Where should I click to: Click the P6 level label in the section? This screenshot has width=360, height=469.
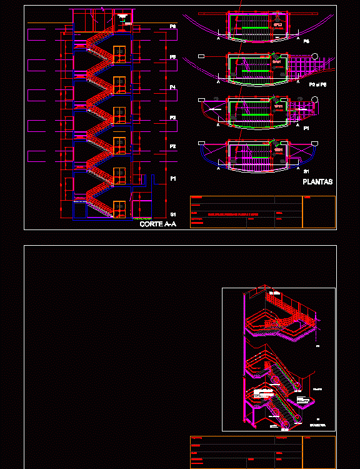pyautogui.click(x=172, y=26)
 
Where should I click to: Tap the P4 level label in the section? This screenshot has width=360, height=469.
pyautogui.click(x=172, y=87)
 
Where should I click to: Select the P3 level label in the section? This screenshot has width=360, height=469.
pyautogui.click(x=172, y=118)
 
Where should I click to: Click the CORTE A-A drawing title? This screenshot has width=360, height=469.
pyautogui.click(x=156, y=224)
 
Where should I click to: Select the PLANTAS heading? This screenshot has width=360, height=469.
pyautogui.click(x=317, y=183)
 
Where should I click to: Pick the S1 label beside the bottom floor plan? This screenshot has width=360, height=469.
pyautogui.click(x=306, y=171)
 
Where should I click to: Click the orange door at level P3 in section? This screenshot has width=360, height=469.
pyautogui.click(x=119, y=114)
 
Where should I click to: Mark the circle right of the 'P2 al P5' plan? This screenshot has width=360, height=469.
pyautogui.click(x=316, y=57)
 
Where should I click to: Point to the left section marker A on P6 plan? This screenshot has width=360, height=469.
pyautogui.click(x=218, y=39)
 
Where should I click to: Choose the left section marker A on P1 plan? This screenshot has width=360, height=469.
pyautogui.click(x=218, y=126)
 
